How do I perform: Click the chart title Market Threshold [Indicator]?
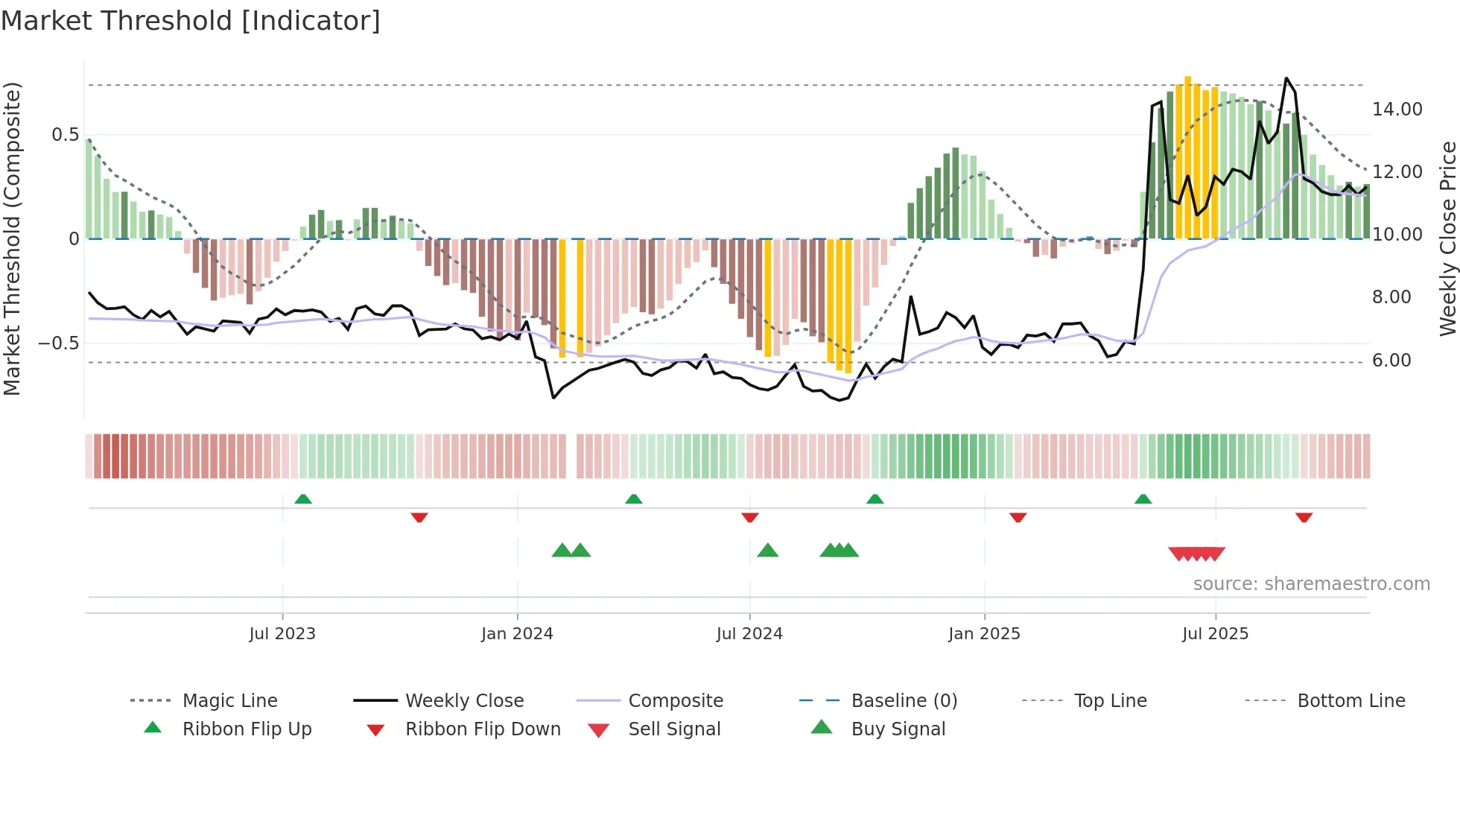tap(191, 21)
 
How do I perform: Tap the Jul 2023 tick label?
tap(282, 634)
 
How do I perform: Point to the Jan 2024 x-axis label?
tap(517, 634)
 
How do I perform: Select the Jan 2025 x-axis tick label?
tap(984, 634)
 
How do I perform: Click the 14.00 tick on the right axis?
tap(1397, 110)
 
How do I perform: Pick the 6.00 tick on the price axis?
tap(1391, 361)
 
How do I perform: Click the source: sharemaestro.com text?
tap(1311, 584)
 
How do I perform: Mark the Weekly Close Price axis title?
tap(1447, 238)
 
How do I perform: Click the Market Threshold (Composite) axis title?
tap(12, 238)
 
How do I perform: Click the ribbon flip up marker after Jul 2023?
tap(303, 499)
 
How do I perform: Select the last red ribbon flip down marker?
tap(1304, 517)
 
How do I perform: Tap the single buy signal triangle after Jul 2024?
tap(767, 551)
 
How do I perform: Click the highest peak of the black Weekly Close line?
tap(1286, 78)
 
